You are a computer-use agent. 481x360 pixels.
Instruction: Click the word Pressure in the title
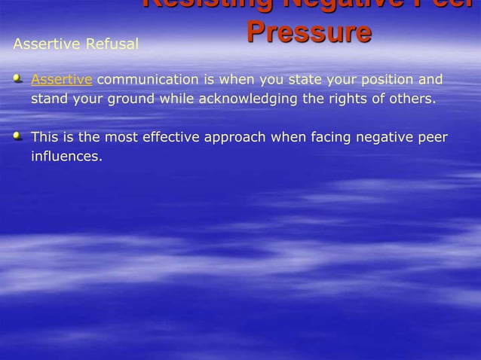point(308,32)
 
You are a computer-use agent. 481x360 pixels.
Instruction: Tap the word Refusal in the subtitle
point(115,44)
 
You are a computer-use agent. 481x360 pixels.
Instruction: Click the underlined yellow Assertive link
point(62,80)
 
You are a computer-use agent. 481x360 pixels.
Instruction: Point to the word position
point(370,80)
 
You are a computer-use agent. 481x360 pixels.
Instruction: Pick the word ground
point(130,99)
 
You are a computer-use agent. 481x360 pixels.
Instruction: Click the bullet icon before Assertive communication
point(18,78)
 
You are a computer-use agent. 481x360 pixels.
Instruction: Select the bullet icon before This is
point(18,136)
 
